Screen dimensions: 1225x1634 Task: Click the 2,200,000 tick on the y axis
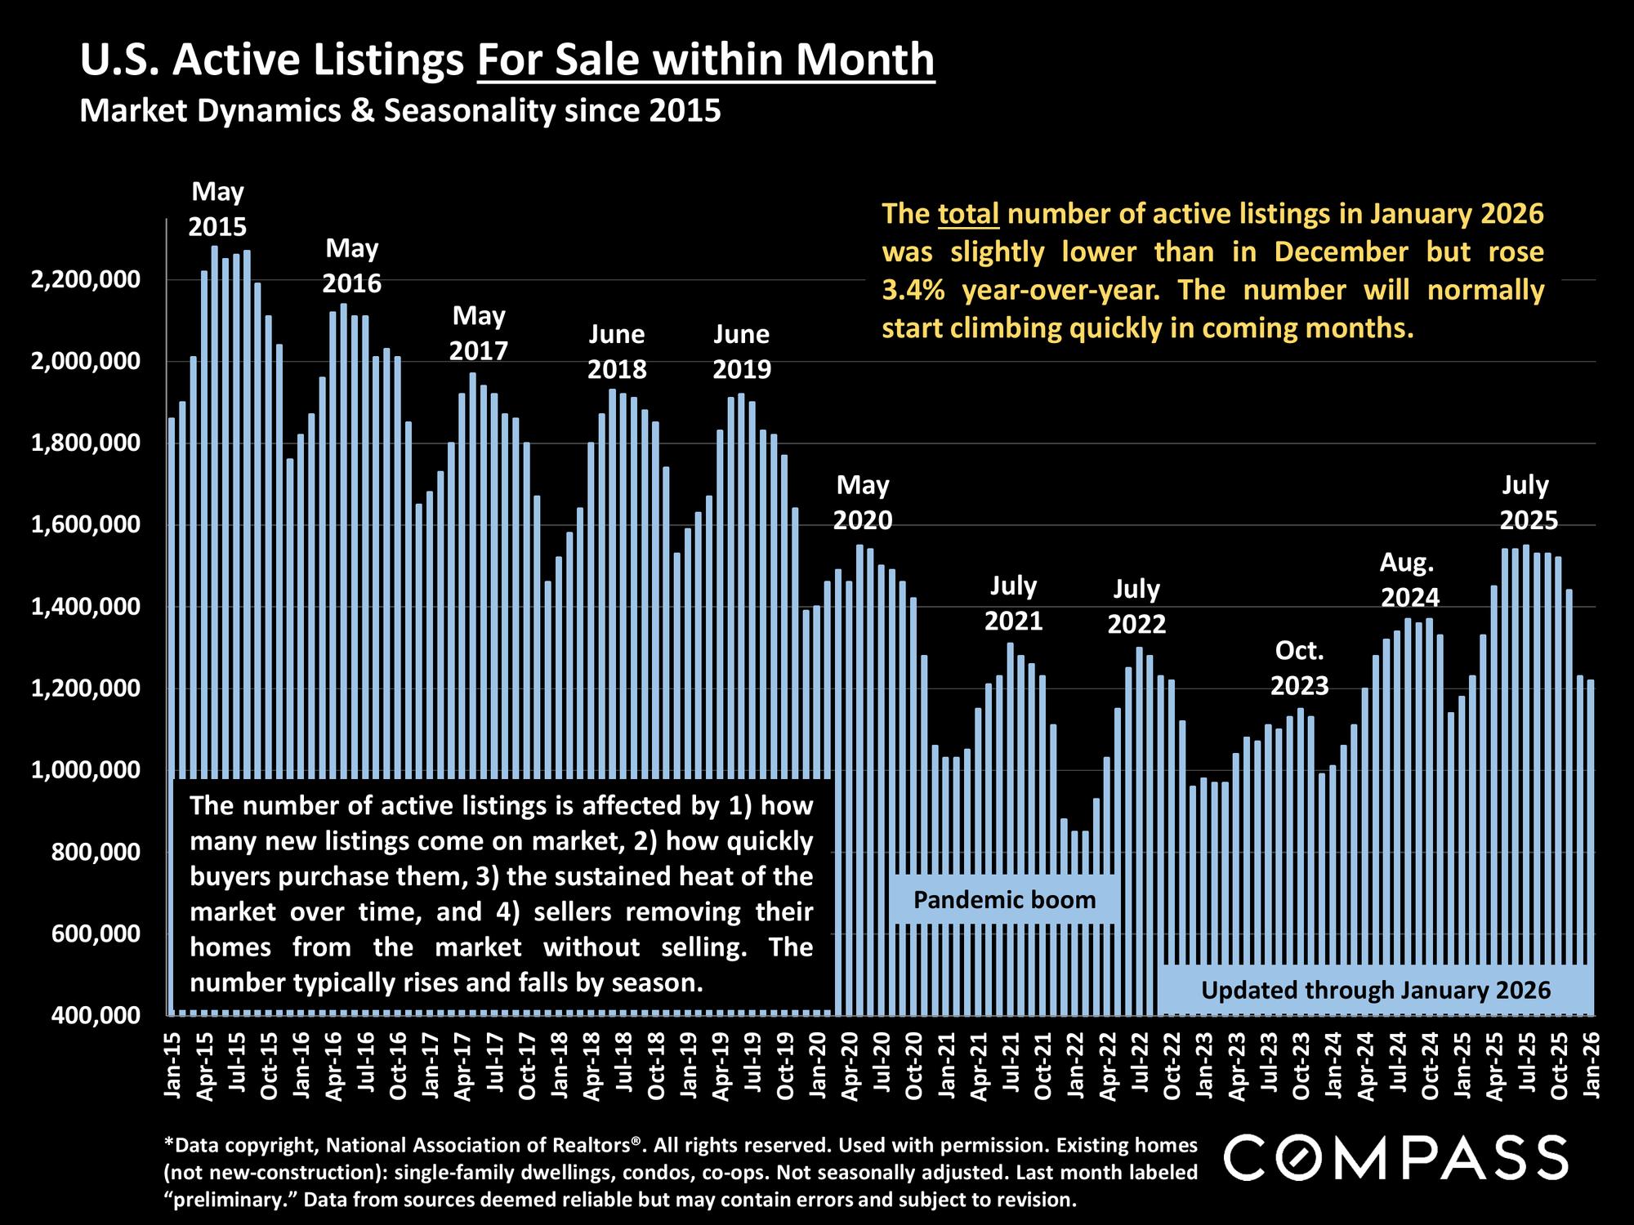85,280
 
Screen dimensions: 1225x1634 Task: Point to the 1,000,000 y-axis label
85,770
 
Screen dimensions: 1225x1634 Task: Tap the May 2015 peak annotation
217,209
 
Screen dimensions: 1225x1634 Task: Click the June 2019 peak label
742,352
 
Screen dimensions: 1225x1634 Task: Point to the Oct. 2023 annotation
1299,669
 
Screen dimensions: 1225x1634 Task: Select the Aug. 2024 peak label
1409,580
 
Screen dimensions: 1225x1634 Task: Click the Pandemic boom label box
1004,900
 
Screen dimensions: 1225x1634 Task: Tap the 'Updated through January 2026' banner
1376,991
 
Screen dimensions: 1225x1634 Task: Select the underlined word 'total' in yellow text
969,214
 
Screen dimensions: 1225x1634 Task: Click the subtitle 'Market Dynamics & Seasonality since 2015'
400,110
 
